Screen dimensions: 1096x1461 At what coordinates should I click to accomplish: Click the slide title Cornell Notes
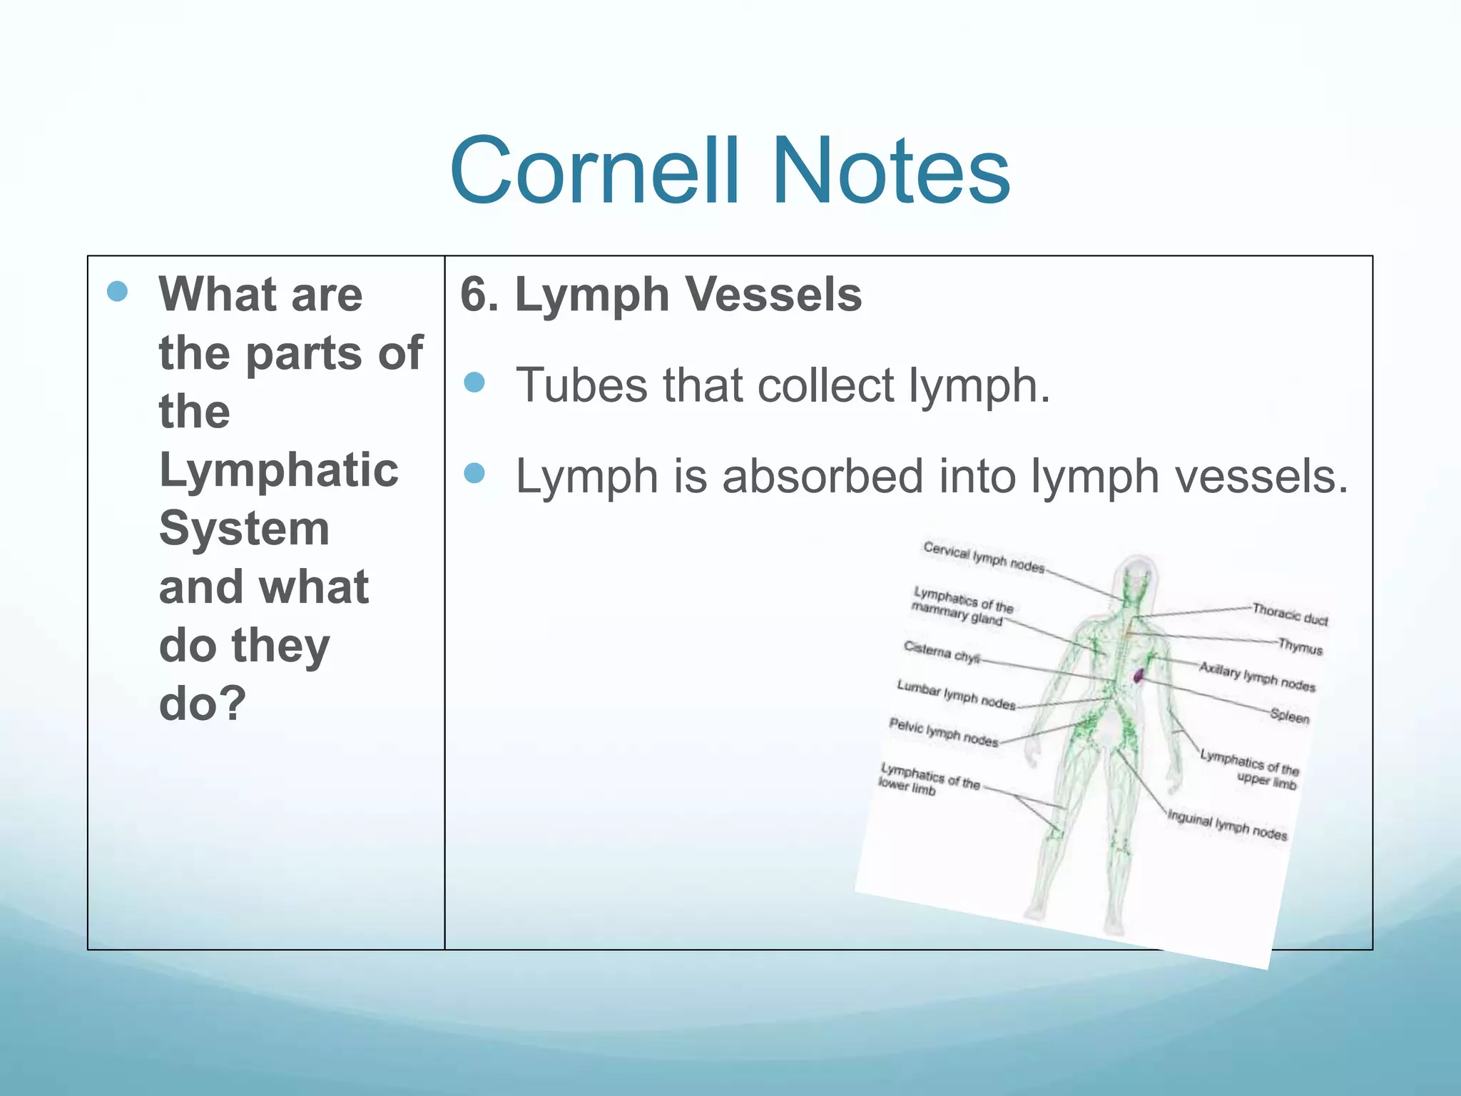pos(730,171)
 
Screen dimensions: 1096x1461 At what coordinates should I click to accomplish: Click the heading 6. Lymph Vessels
pos(661,294)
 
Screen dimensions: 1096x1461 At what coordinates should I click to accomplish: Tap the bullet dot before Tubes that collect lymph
pos(474,383)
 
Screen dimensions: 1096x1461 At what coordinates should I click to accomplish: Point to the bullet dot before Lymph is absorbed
pos(474,473)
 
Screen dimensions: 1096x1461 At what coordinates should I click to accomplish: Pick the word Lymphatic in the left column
pos(278,470)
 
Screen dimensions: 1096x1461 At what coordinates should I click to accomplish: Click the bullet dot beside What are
pos(117,291)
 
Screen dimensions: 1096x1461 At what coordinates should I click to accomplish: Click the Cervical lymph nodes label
pos(983,557)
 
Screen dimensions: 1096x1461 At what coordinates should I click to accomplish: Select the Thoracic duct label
pos(1290,614)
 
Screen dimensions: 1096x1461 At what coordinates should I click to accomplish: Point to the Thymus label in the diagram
pos(1300,646)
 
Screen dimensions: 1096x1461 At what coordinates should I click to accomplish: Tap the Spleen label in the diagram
pos(1290,715)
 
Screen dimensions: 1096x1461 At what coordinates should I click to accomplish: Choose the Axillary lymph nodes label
pos(1257,676)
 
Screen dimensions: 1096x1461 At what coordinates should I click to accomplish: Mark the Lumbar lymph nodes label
pos(956,694)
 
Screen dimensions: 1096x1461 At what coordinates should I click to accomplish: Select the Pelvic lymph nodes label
pos(943,733)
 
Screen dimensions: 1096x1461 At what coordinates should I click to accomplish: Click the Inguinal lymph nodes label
pos(1227,825)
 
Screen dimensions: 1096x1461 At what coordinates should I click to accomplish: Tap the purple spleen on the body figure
pos(1139,674)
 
